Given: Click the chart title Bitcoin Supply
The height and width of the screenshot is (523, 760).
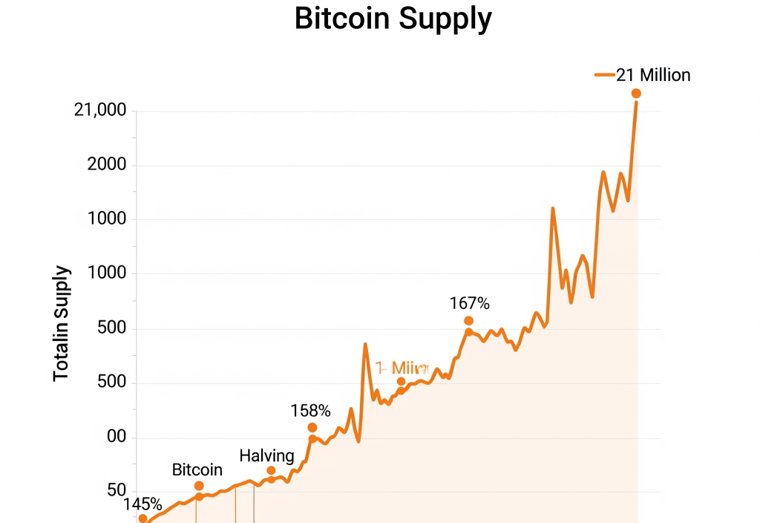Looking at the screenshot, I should tap(393, 19).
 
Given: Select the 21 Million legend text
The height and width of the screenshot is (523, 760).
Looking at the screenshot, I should tap(653, 75).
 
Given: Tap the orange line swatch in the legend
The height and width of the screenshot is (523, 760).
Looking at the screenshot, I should tap(605, 75).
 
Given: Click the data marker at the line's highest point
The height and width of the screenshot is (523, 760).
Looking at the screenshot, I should tap(636, 93).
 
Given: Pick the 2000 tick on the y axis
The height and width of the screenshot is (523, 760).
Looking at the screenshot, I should tap(108, 165).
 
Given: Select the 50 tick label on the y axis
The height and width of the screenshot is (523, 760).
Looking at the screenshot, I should tap(117, 491).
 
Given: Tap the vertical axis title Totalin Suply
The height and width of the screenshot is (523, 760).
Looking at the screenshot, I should tap(62, 324).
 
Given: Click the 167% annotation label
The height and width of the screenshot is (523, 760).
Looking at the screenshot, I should tap(470, 303).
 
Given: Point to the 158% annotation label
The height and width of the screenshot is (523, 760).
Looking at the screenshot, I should tap(310, 410).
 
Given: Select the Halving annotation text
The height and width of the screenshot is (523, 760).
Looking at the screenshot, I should tap(266, 455).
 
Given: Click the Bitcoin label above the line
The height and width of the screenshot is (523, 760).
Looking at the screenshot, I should tap(197, 470).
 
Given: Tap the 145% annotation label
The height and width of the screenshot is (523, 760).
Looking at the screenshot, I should tap(142, 505).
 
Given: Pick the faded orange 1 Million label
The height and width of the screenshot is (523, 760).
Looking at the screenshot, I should tap(402, 368).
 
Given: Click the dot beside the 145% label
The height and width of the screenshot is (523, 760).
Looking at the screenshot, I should tap(142, 519).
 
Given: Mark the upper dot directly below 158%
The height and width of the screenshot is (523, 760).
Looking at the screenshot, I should tap(312, 427).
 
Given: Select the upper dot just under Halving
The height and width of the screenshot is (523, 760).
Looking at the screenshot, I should tap(271, 470).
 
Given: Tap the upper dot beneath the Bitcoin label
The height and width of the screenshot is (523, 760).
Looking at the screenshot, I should tap(199, 486).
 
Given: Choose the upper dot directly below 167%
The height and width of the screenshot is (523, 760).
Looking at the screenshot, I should tap(468, 321).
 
